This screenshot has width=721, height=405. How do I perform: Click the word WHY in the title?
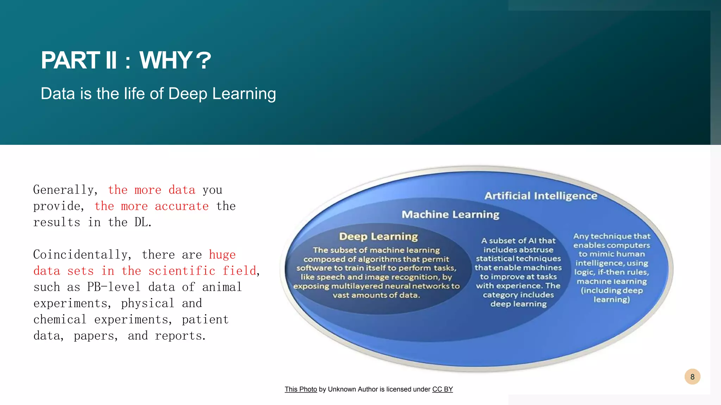click(x=165, y=60)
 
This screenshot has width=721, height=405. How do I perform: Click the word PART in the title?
click(x=70, y=60)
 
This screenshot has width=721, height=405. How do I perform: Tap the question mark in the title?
click(x=203, y=60)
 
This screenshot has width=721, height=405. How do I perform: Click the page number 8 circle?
click(x=692, y=377)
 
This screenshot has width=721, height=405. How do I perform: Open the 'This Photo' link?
click(x=301, y=389)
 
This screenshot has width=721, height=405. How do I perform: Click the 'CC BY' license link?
click(x=443, y=389)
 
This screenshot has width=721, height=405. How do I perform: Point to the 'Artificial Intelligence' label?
click(x=541, y=196)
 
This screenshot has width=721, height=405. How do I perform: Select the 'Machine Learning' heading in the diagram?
click(x=450, y=214)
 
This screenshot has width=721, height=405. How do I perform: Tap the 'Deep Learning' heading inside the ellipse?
click(x=378, y=237)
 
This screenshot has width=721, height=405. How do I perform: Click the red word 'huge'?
click(x=222, y=255)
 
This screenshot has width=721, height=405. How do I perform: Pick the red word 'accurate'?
click(x=182, y=206)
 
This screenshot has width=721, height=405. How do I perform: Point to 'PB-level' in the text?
click(x=114, y=287)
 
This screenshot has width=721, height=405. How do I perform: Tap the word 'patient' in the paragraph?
click(x=205, y=320)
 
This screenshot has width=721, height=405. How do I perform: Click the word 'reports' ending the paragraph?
click(x=180, y=336)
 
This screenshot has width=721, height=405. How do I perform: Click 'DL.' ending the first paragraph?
click(x=143, y=223)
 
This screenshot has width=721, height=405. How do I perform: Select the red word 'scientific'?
click(x=182, y=271)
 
